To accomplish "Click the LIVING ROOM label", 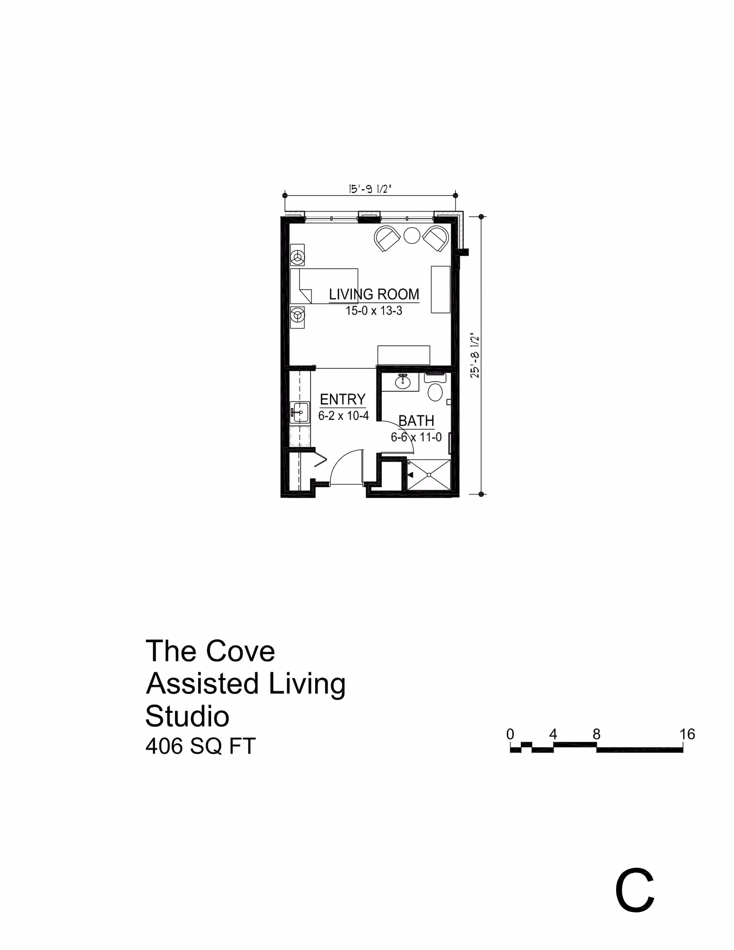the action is (x=374, y=294).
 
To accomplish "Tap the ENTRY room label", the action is (x=343, y=399).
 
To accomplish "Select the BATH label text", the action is (x=416, y=421).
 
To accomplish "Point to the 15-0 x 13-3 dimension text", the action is (x=374, y=311).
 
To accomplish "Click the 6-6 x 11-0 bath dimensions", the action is (x=416, y=437).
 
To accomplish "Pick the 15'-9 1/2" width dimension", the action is (x=370, y=189).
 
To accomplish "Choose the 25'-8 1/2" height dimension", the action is (x=475, y=356).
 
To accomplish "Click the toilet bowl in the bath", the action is (x=435, y=392).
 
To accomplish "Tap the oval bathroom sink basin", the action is (x=402, y=382).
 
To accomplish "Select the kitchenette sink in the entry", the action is (x=300, y=412).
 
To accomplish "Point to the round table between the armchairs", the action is (x=412, y=235).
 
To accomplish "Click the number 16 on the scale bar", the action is (x=687, y=734).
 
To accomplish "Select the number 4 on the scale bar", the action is (x=553, y=734).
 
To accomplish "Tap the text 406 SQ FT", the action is (x=200, y=746).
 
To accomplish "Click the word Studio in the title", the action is (x=187, y=716).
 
